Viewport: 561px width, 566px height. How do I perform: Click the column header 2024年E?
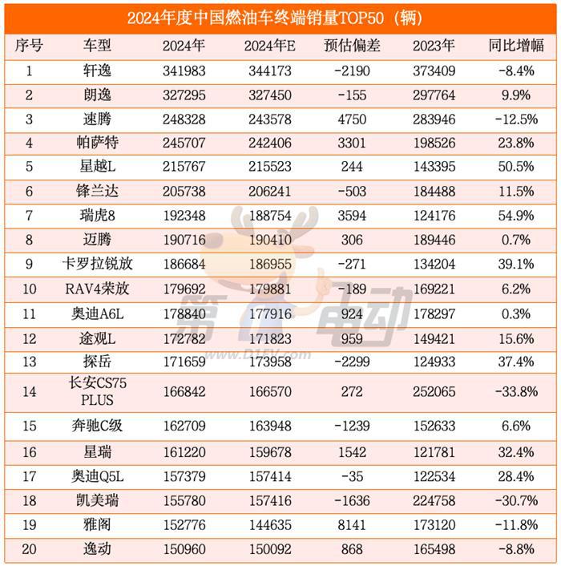[x=270, y=46]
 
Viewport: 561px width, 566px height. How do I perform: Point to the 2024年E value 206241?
[x=270, y=193]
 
